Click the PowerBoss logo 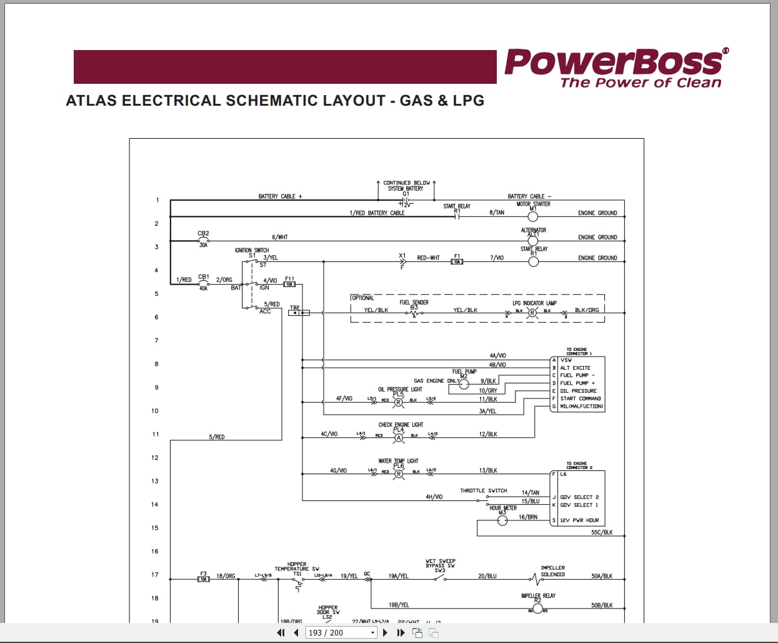pos(616,68)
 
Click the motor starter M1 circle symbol pos(533,216)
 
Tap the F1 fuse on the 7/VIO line pos(457,261)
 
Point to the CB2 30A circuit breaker pos(203,239)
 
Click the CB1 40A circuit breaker pos(203,282)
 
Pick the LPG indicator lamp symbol pos(532,313)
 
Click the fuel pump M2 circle pos(464,384)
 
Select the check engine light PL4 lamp pos(399,437)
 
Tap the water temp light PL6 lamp pos(399,473)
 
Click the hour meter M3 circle pos(502,520)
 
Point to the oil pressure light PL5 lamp pos(398,402)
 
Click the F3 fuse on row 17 pos(203,579)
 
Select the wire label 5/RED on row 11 pos(216,437)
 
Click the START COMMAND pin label pos(581,398)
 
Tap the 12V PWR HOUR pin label pos(579,520)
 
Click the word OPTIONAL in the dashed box pos(362,298)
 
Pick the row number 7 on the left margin pos(156,340)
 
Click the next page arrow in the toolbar pos(385,632)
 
